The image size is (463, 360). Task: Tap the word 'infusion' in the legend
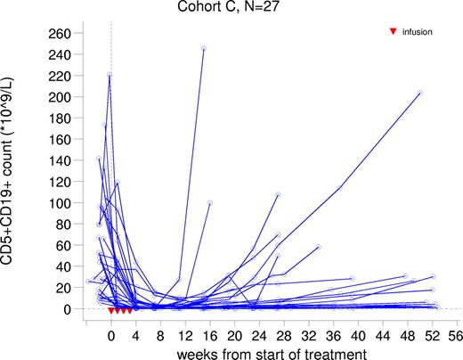[418, 32]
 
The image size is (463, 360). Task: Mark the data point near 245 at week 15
[203, 48]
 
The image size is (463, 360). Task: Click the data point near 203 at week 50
[418, 93]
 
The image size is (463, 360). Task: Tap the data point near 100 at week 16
[209, 203]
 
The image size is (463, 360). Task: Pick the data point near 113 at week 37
[339, 189]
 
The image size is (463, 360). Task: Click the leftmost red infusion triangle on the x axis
[111, 310]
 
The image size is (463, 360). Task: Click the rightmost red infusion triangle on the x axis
[130, 310]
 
